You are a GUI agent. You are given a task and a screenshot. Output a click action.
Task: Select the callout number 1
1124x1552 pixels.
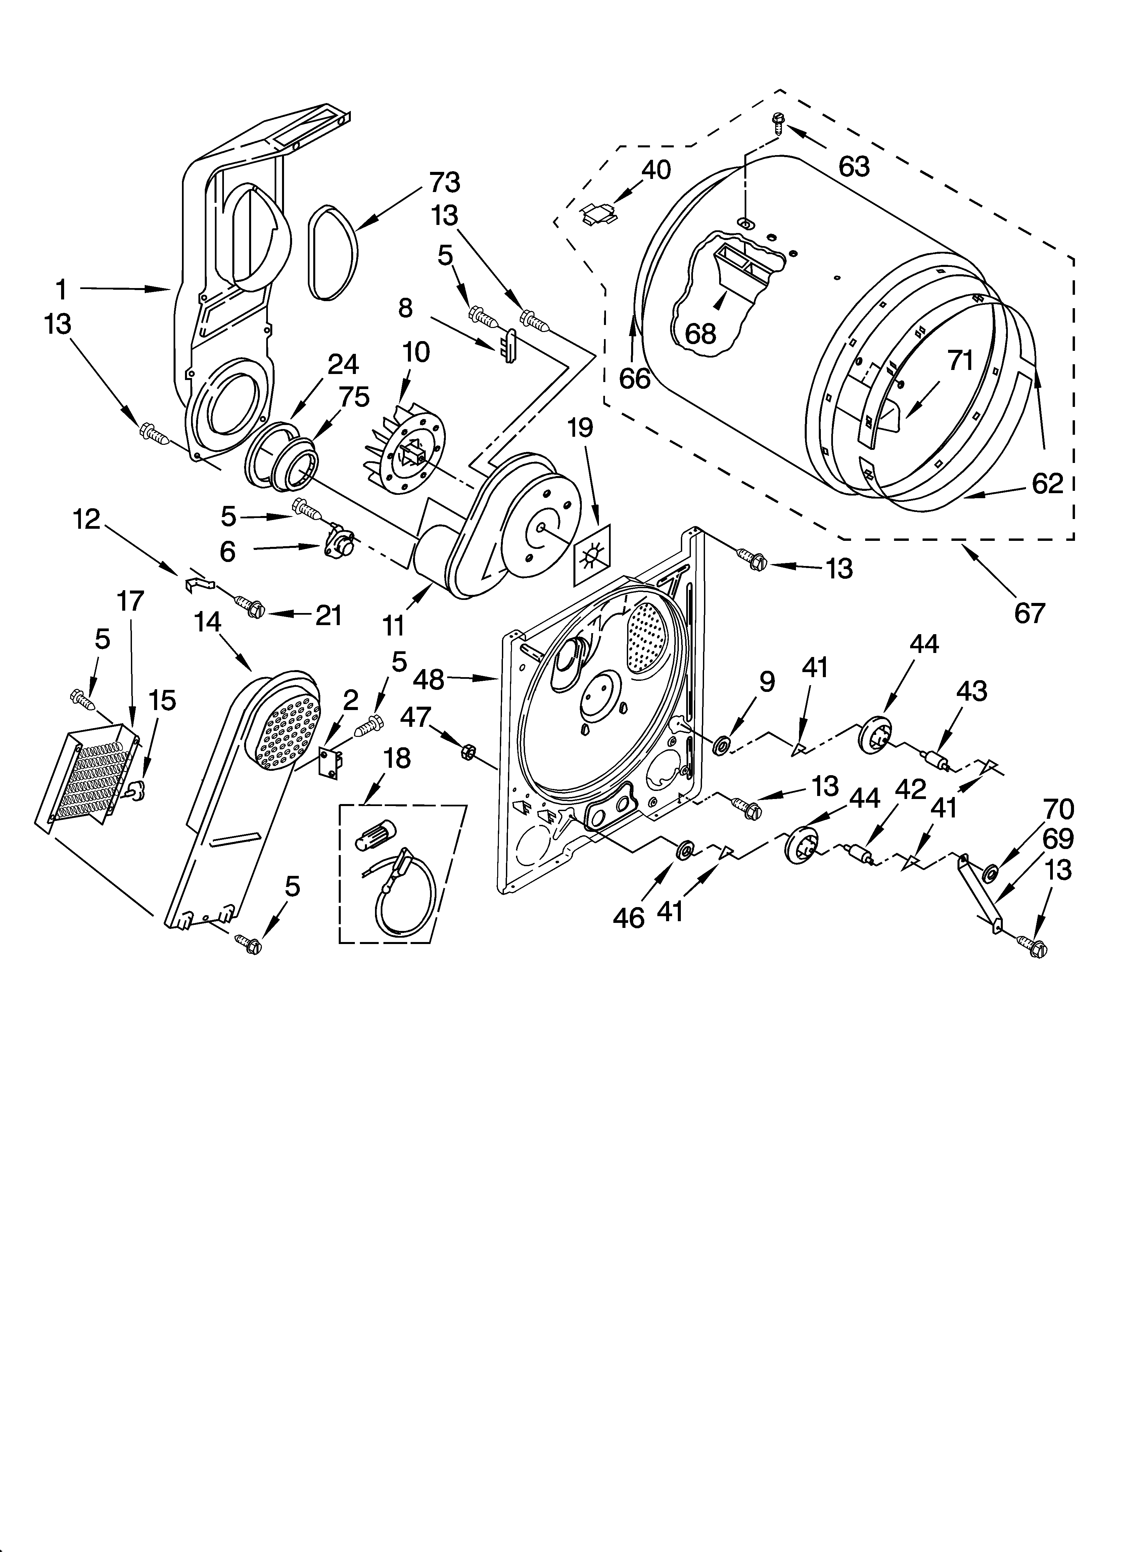pyautogui.click(x=62, y=289)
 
